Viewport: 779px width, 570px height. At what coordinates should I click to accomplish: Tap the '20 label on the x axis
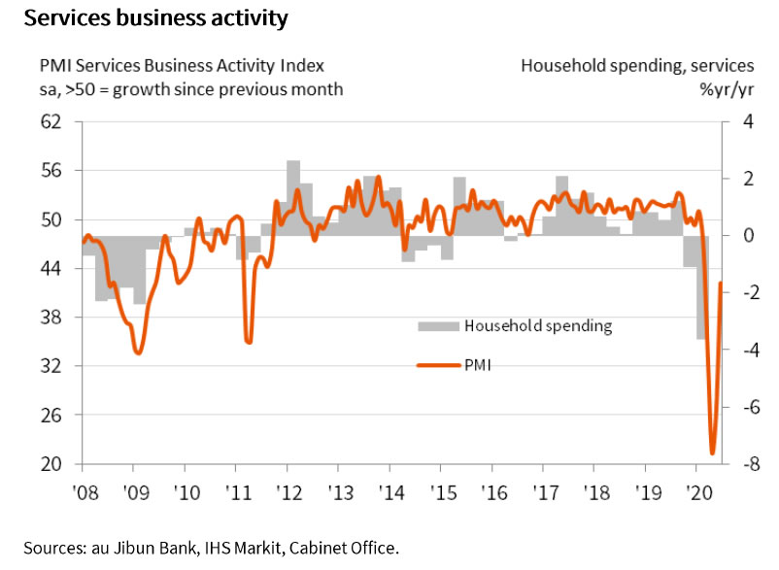pos(697,491)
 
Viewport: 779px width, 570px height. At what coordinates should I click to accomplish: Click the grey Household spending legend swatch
pos(437,326)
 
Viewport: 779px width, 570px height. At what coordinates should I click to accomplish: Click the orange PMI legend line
pos(437,365)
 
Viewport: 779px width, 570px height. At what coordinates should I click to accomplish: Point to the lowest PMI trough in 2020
pos(712,453)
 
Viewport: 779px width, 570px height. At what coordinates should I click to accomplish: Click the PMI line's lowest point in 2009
pos(137,353)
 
